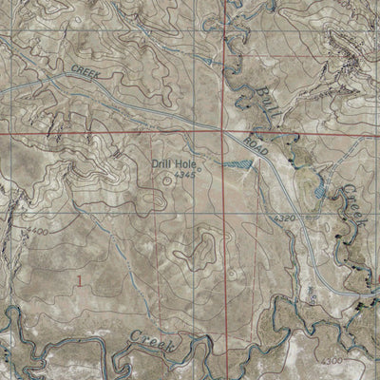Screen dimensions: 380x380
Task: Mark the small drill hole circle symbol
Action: tap(168, 176)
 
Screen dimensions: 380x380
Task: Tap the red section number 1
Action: tap(83, 279)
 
